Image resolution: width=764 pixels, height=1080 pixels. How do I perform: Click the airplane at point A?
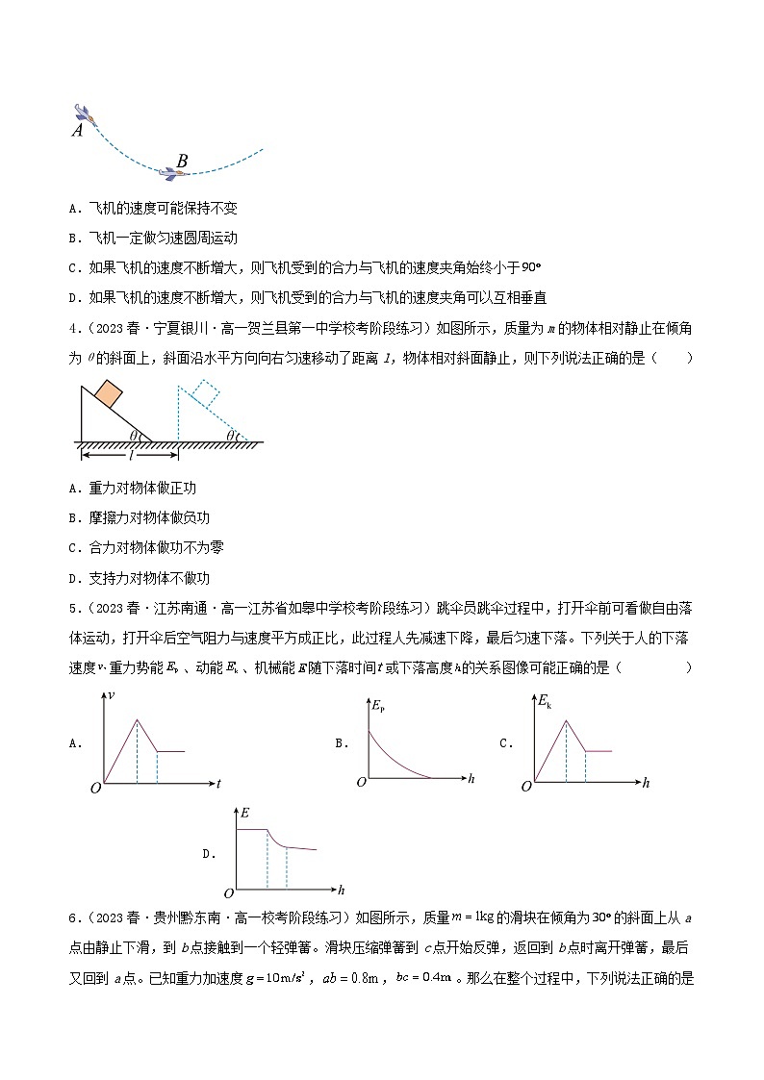[83, 113]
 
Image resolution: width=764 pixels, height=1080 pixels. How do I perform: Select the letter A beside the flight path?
[77, 131]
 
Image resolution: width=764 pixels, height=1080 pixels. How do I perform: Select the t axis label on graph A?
[218, 784]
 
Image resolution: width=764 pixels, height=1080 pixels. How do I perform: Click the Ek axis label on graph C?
[545, 699]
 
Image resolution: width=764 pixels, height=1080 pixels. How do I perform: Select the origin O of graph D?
[228, 893]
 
